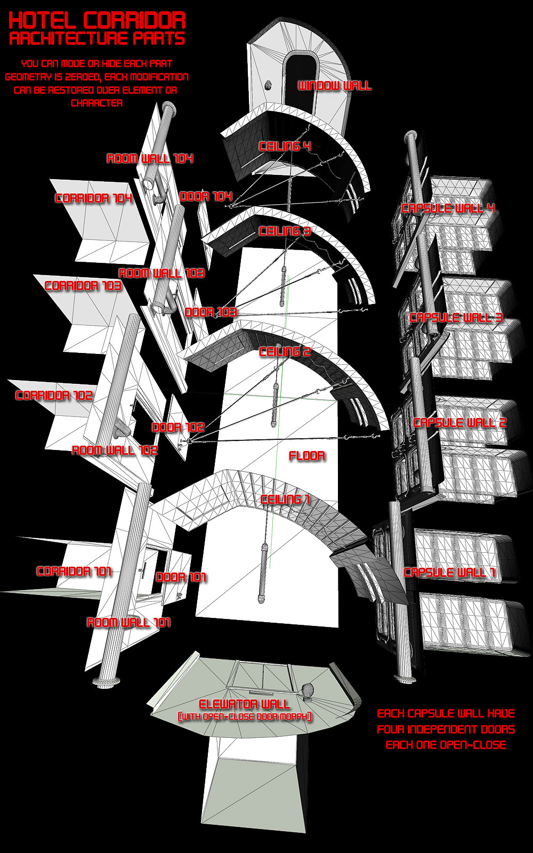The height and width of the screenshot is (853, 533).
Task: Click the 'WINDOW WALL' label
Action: click(x=334, y=86)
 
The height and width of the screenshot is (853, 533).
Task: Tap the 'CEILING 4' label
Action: click(x=285, y=146)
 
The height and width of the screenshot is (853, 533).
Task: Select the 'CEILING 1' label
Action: click(x=285, y=499)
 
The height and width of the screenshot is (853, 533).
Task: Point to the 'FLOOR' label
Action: click(x=307, y=456)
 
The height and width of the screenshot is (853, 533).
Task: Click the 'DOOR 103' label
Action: click(x=211, y=312)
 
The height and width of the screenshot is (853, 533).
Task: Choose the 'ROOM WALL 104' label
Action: click(x=150, y=158)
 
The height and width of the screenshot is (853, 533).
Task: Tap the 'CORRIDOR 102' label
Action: click(x=54, y=395)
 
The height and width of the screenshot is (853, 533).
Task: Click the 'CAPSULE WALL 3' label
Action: click(x=456, y=318)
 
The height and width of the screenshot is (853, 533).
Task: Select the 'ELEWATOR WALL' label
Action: click(x=244, y=704)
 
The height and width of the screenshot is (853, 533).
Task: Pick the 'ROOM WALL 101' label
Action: click(x=128, y=623)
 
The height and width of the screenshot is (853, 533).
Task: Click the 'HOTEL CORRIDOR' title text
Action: click(x=97, y=21)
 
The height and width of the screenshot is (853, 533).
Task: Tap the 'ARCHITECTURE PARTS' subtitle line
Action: click(x=97, y=39)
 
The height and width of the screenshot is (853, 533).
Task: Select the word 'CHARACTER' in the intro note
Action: click(x=96, y=103)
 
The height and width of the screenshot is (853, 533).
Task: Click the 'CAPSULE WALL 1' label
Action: click(x=449, y=573)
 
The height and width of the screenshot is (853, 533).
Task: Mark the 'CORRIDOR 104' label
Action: click(x=94, y=198)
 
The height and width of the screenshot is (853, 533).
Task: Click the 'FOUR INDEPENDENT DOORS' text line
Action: click(x=446, y=730)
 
